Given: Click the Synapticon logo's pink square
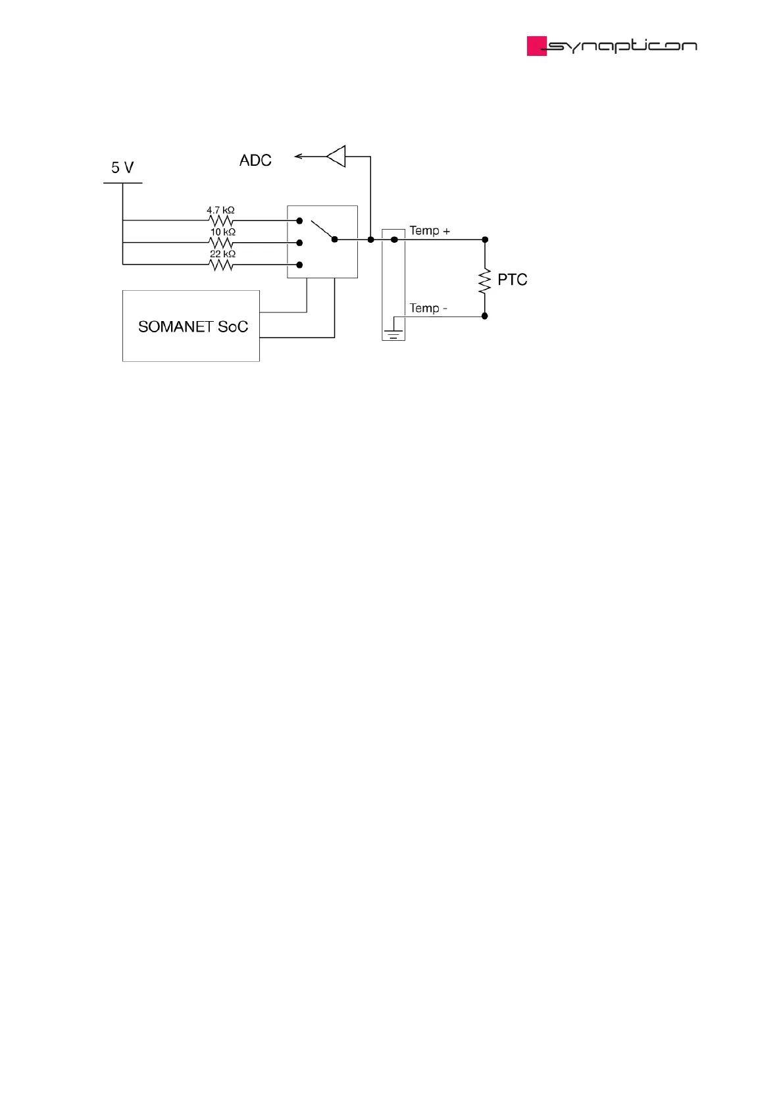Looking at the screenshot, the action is (x=536, y=46).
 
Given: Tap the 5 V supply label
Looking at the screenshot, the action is (x=122, y=168).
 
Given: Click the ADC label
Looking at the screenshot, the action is (x=255, y=161).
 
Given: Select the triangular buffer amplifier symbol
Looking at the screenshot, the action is (x=337, y=157).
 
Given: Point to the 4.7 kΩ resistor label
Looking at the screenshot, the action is (x=220, y=211).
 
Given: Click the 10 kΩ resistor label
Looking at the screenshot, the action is (x=222, y=232).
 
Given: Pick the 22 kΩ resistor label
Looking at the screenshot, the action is (x=222, y=254).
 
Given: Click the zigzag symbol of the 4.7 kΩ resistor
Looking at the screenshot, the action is (x=221, y=220).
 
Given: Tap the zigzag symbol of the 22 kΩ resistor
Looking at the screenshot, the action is (x=221, y=264).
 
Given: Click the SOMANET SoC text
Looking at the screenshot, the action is (x=193, y=327).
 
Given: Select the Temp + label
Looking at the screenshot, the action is (x=430, y=231).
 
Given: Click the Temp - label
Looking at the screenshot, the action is (x=428, y=308).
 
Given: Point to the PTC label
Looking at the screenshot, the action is (x=512, y=280).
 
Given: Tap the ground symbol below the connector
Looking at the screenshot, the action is (x=393, y=333).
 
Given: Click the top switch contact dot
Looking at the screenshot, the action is (x=299, y=220).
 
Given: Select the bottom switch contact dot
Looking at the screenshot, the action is (x=299, y=264).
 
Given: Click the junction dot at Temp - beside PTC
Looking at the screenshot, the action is (x=485, y=316).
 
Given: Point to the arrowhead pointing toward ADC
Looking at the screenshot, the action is (x=299, y=157).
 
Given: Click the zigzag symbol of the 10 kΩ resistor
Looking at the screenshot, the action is (x=221, y=243).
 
